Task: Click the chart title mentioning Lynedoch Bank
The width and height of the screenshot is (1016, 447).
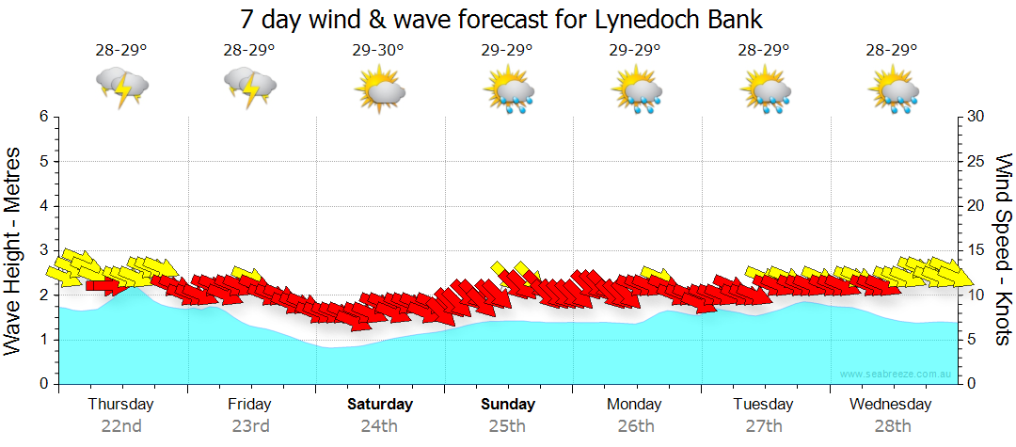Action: (x=500, y=18)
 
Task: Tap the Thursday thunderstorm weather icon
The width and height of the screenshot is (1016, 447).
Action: (x=122, y=87)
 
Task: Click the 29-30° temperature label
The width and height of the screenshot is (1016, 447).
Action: (x=378, y=51)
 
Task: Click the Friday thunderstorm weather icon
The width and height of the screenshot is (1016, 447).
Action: (x=249, y=87)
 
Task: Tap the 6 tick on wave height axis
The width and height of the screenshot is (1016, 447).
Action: (x=42, y=117)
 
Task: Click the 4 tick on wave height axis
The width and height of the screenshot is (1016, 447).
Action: (x=42, y=206)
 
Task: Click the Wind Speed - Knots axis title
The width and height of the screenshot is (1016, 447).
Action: (x=1003, y=249)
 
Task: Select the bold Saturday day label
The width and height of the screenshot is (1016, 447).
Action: (x=380, y=405)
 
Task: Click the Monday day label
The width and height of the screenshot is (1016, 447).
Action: (x=635, y=405)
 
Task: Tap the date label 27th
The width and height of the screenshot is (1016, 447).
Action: (x=763, y=426)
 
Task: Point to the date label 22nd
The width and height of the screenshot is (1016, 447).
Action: (x=121, y=426)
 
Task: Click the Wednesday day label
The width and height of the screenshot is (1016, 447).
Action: (x=890, y=405)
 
